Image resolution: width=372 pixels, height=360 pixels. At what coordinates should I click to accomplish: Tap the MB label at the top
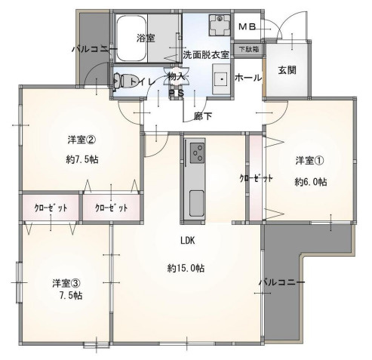pyautogui.click(x=247, y=27)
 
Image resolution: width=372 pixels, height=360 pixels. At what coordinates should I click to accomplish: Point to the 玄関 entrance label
pyautogui.click(x=287, y=70)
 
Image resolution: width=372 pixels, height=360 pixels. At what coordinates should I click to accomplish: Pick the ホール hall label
pyautogui.click(x=248, y=78)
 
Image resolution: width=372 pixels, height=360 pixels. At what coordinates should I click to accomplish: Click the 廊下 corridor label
pyautogui.click(x=201, y=115)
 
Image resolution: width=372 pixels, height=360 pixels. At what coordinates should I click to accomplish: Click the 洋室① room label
pyautogui.click(x=309, y=160)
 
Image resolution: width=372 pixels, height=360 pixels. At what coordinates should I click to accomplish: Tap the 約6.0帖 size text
pyautogui.click(x=310, y=181)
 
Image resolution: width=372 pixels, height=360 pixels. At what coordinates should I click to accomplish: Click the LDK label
pyautogui.click(x=188, y=242)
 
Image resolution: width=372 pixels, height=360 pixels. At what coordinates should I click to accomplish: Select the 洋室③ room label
pyautogui.click(x=67, y=283)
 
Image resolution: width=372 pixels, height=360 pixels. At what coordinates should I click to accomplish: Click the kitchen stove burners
pyautogui.click(x=198, y=153)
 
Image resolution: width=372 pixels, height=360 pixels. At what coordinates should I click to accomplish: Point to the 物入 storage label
pyautogui.click(x=177, y=76)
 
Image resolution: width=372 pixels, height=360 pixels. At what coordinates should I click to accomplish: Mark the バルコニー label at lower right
pyautogui.click(x=281, y=282)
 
